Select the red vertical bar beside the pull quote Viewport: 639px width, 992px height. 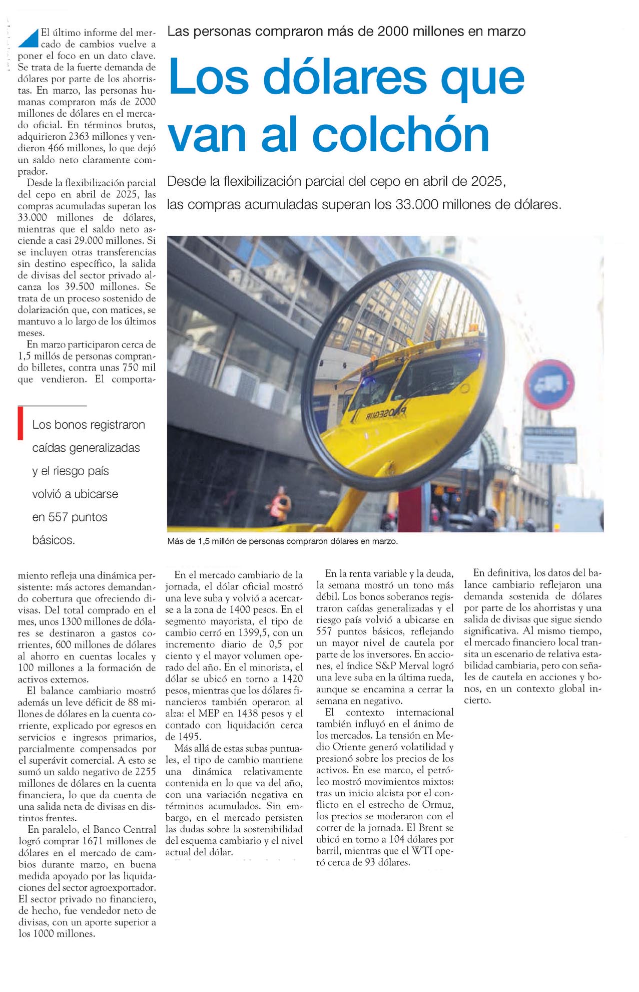tap(21, 423)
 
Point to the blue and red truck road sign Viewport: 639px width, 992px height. tap(549, 385)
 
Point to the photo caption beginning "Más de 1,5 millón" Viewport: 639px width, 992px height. tap(282, 541)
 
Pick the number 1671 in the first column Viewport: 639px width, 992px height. tap(93, 841)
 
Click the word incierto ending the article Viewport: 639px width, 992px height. tap(477, 701)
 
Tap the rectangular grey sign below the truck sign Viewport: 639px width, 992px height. tap(548, 444)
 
